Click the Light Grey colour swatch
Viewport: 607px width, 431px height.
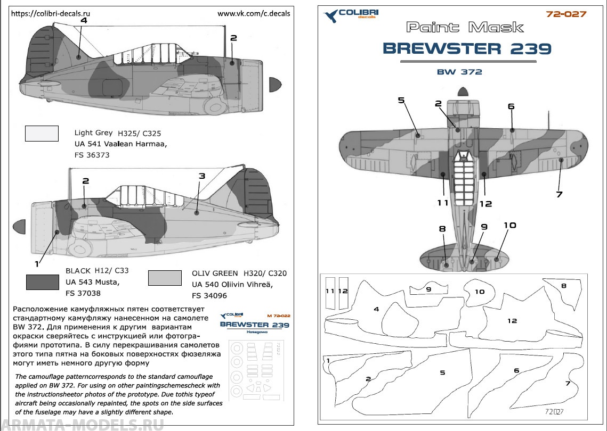[x=42, y=133]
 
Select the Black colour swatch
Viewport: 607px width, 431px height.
[x=42, y=281]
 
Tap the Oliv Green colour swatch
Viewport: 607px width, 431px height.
[x=165, y=278]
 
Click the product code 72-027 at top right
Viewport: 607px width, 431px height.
[x=566, y=14]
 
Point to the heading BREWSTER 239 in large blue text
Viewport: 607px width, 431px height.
[x=467, y=48]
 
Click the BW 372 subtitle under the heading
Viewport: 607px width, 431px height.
[x=459, y=72]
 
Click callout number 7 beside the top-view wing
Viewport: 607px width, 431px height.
[x=559, y=194]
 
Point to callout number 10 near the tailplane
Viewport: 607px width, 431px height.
[x=509, y=225]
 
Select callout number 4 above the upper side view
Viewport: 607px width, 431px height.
[x=84, y=20]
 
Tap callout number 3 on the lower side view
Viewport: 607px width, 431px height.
[x=201, y=176]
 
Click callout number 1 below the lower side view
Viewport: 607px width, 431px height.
[x=37, y=263]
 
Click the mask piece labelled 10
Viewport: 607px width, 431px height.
[x=479, y=292]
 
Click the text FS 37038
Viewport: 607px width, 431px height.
[x=83, y=293]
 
